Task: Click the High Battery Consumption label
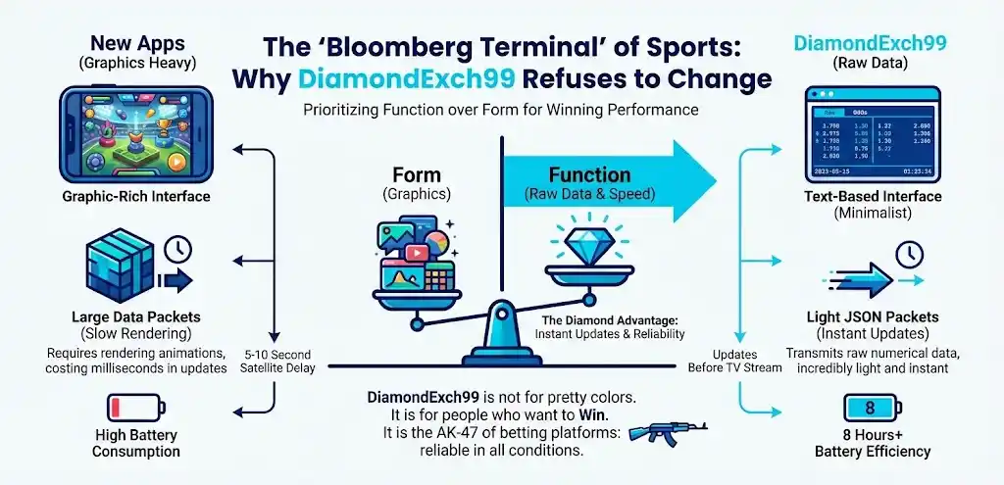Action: [x=136, y=443]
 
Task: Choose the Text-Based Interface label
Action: [x=871, y=197]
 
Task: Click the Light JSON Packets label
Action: [x=871, y=316]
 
